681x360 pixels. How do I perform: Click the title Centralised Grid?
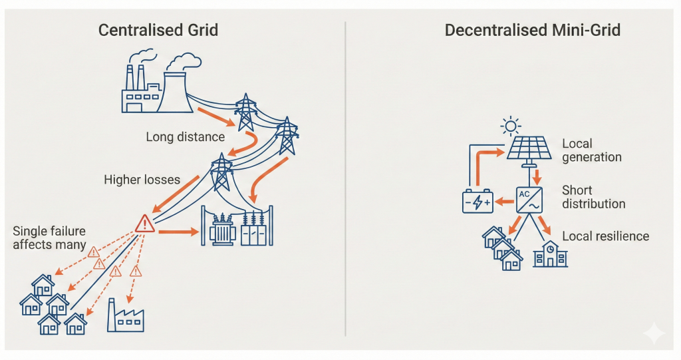click(158, 31)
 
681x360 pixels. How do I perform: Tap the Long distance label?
click(185, 137)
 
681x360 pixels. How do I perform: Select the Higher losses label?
click(142, 180)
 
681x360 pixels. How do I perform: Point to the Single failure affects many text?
click(49, 238)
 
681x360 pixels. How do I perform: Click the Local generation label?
click(591, 150)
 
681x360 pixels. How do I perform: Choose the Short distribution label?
click(593, 197)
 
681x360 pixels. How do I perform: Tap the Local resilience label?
click(605, 236)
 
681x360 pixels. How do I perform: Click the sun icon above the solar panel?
click(510, 125)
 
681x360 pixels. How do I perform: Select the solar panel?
click(529, 148)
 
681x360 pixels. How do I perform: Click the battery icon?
click(478, 201)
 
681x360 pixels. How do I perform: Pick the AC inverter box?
click(529, 199)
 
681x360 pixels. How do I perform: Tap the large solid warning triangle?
click(144, 224)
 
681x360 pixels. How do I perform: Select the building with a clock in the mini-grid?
click(551, 254)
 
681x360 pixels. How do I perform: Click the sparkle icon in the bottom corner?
click(653, 332)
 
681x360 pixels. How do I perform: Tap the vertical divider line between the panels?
click(346, 180)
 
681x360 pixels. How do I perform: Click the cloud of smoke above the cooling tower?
click(184, 62)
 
